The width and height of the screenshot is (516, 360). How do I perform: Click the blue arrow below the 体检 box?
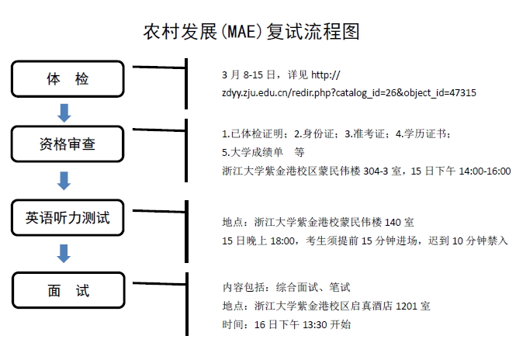tap(64, 113)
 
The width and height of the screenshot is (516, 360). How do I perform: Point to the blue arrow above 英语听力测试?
tap(64, 181)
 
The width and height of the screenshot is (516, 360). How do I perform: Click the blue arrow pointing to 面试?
tap(64, 254)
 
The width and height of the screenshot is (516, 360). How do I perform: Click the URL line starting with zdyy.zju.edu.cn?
tap(349, 93)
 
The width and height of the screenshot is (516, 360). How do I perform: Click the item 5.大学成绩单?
tap(252, 152)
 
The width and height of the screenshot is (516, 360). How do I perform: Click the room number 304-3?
tap(376, 171)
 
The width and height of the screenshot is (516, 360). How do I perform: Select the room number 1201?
tap(406, 306)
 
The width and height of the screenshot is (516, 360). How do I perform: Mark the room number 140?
tap(393, 223)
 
